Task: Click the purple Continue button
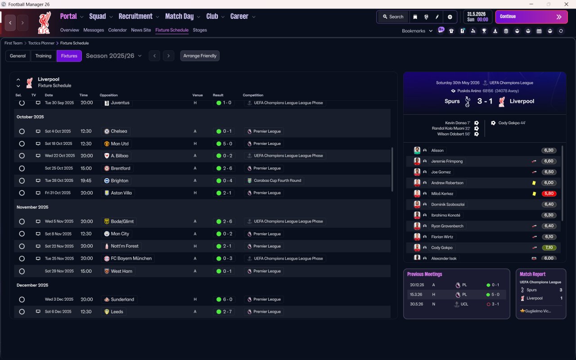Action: (x=531, y=17)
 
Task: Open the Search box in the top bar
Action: (x=393, y=17)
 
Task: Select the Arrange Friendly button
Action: (x=200, y=56)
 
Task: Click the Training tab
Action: (x=43, y=56)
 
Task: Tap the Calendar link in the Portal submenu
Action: (x=117, y=30)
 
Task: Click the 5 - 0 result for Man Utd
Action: (x=224, y=144)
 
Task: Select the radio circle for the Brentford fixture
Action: (x=22, y=168)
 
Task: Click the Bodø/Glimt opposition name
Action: (x=122, y=221)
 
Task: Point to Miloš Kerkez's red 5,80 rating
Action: (x=549, y=193)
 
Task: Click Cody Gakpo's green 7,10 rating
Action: (x=549, y=247)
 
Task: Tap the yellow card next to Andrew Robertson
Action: (x=534, y=183)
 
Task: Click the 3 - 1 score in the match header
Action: (x=485, y=101)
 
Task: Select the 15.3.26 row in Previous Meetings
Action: (x=456, y=294)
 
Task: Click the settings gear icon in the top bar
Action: (x=450, y=17)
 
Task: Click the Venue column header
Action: (x=198, y=95)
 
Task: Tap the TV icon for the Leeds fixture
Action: (x=38, y=311)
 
